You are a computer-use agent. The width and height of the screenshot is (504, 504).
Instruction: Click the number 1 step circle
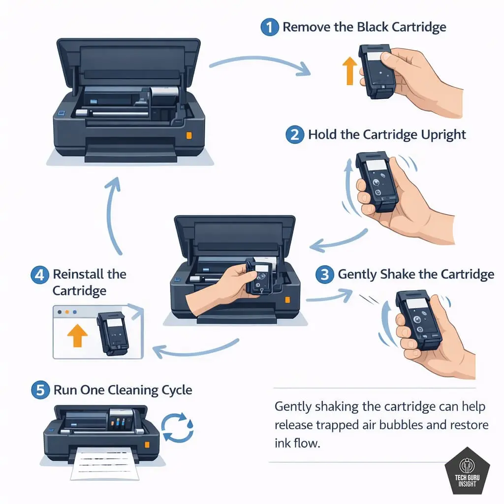(270, 27)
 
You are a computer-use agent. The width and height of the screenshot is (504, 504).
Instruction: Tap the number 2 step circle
(295, 135)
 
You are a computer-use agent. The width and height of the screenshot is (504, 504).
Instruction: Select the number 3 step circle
(325, 275)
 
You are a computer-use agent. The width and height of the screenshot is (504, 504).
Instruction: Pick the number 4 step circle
(40, 275)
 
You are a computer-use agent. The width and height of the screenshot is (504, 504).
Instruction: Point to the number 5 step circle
(40, 390)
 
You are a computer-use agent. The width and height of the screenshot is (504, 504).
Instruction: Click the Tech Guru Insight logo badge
(468, 471)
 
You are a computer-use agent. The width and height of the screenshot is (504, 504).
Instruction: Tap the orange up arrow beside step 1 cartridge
(349, 71)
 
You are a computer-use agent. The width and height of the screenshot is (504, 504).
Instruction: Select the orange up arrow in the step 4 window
(77, 335)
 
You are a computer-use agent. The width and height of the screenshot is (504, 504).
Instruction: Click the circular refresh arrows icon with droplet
(177, 428)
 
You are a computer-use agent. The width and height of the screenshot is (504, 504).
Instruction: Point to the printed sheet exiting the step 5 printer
(104, 463)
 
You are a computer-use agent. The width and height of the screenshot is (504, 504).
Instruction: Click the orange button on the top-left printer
(189, 135)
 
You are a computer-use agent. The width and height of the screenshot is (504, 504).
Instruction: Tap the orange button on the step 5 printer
(147, 444)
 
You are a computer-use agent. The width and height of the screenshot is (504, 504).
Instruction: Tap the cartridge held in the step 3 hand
(418, 319)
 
